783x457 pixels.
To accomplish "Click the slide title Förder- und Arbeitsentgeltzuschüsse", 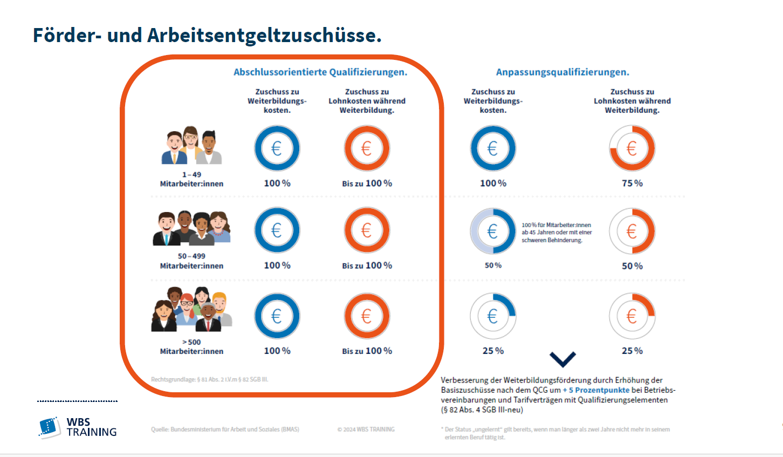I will [207, 36].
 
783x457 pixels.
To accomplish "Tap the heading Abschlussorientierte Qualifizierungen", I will [320, 72].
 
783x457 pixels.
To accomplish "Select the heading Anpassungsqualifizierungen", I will [562, 72].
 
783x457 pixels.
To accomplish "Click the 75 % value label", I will [632, 183].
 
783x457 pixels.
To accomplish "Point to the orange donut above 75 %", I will [632, 148].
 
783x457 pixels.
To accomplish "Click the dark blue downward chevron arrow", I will [562, 359].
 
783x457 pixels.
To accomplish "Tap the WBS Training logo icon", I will [49, 427].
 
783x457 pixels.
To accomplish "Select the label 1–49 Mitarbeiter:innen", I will [191, 179].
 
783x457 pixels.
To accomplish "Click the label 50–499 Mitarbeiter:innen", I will [191, 261].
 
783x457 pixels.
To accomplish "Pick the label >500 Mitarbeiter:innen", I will [191, 346].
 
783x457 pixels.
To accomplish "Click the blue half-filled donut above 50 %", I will [493, 231].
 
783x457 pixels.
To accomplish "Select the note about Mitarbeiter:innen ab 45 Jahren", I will [557, 233].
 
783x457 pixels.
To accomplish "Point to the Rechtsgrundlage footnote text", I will [209, 379].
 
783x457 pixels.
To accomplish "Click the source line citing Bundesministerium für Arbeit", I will [225, 429].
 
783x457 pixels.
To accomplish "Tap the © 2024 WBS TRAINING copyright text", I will [366, 429].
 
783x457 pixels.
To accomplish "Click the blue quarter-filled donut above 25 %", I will [493, 316].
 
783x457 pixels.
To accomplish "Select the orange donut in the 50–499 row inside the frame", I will [367, 230].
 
